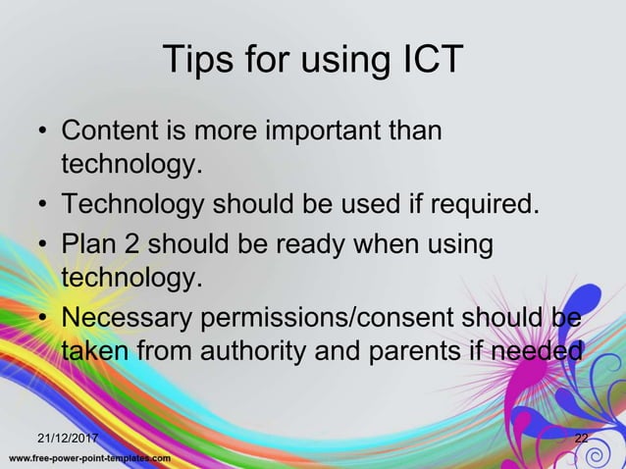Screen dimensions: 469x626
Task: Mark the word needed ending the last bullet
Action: pyautogui.click(x=537, y=350)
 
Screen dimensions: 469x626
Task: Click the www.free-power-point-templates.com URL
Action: pyautogui.click(x=90, y=458)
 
